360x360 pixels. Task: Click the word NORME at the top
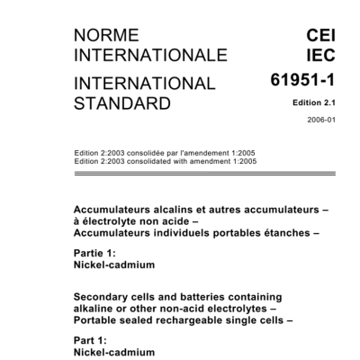106,36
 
